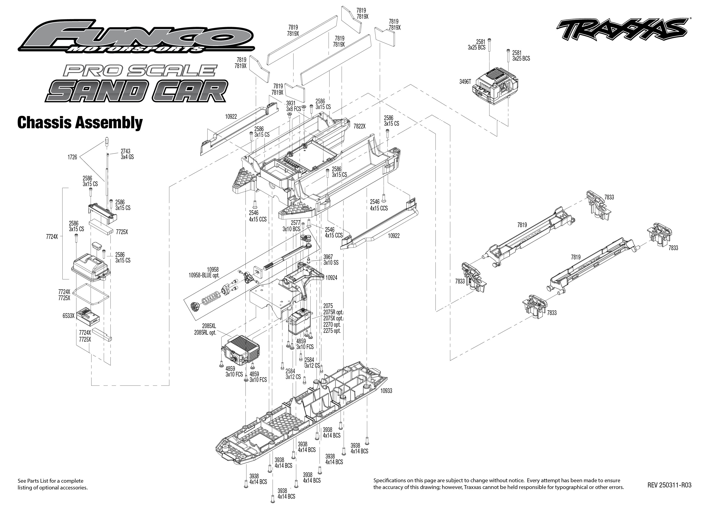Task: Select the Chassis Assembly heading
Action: (x=80, y=123)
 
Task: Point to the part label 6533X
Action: (x=68, y=316)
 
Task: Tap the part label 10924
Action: (x=331, y=278)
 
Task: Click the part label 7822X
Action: (x=359, y=126)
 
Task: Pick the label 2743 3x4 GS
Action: (x=127, y=154)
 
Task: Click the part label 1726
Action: (x=72, y=157)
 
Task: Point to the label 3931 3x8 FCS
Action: (x=293, y=106)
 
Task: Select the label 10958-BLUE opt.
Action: (x=204, y=275)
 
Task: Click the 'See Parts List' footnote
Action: (x=53, y=484)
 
